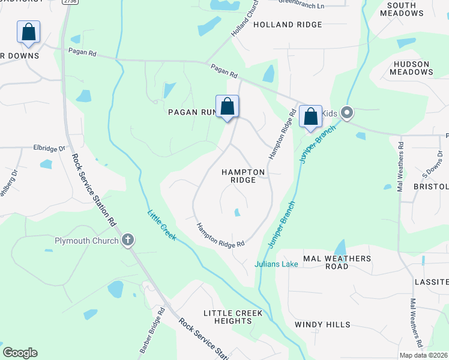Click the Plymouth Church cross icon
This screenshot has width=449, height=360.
click(x=127, y=241)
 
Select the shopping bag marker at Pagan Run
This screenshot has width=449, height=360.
click(x=227, y=107)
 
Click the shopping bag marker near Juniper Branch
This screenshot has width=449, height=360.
click(x=310, y=116)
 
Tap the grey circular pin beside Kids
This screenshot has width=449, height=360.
click(x=346, y=113)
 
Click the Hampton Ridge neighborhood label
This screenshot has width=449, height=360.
click(x=243, y=176)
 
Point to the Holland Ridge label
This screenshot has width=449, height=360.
click(x=288, y=25)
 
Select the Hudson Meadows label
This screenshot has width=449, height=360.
click(x=411, y=68)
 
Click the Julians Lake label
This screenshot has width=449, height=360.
click(x=276, y=264)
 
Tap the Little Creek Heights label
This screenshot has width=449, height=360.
click(x=233, y=317)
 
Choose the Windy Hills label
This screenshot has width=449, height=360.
click(x=322, y=325)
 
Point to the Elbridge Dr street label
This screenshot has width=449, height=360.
click(x=49, y=148)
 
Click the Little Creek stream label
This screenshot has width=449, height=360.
click(x=161, y=225)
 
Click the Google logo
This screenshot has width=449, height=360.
click(x=20, y=353)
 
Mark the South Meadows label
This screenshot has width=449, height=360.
click(x=410, y=9)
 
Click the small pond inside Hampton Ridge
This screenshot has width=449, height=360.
click(x=237, y=212)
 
